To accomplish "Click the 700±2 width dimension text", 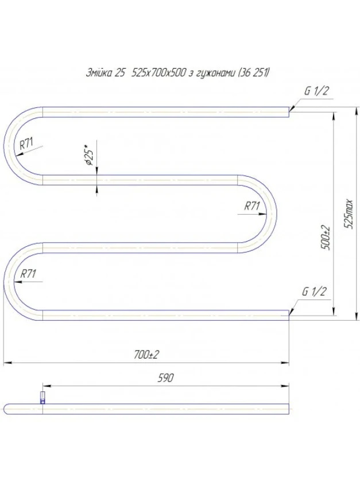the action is point(146,355).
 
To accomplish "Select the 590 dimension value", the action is point(165,378).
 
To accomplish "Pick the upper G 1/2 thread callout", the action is point(317,91).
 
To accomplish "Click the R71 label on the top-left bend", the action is point(26,143).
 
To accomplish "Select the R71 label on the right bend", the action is point(252,205).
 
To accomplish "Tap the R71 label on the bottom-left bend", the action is point(28,273).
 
